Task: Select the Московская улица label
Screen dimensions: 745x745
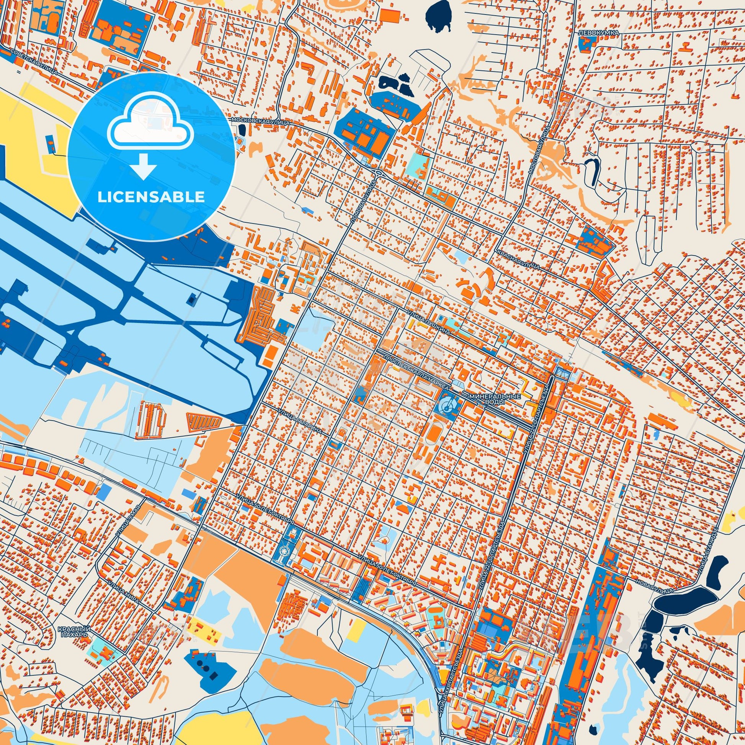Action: (x=261, y=121)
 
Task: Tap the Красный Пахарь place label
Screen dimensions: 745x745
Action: (x=72, y=631)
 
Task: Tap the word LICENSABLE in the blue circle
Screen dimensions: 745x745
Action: (x=151, y=197)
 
